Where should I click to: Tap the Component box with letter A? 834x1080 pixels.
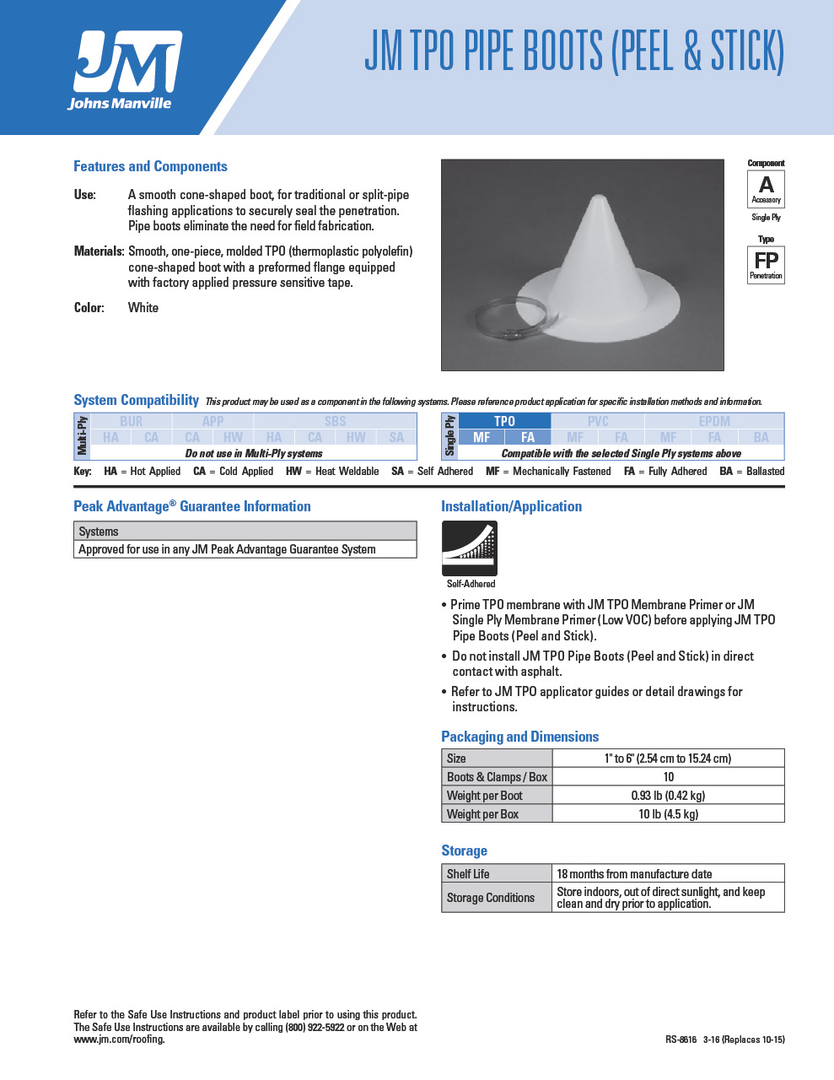[766, 188]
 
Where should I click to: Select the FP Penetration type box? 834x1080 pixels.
[766, 264]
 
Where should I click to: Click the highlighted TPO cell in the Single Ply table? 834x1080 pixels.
[504, 421]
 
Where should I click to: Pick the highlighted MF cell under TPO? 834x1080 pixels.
[482, 437]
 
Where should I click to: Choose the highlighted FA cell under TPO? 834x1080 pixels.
[528, 437]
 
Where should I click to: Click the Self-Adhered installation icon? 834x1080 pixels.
[470, 548]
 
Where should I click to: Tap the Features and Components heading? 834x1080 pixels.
[150, 166]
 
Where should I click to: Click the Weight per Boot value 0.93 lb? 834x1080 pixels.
[668, 796]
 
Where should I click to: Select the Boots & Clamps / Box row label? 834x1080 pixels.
[497, 777]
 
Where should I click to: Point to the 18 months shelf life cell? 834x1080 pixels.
[634, 874]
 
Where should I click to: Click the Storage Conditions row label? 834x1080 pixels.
[491, 898]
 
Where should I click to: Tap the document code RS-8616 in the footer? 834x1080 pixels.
[681, 1039]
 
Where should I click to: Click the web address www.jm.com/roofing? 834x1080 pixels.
[119, 1039]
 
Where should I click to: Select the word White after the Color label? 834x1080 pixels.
[143, 308]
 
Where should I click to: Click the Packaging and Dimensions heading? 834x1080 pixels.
[519, 737]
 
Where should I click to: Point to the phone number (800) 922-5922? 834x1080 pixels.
[315, 1028]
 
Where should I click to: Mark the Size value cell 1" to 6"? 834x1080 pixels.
[668, 759]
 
